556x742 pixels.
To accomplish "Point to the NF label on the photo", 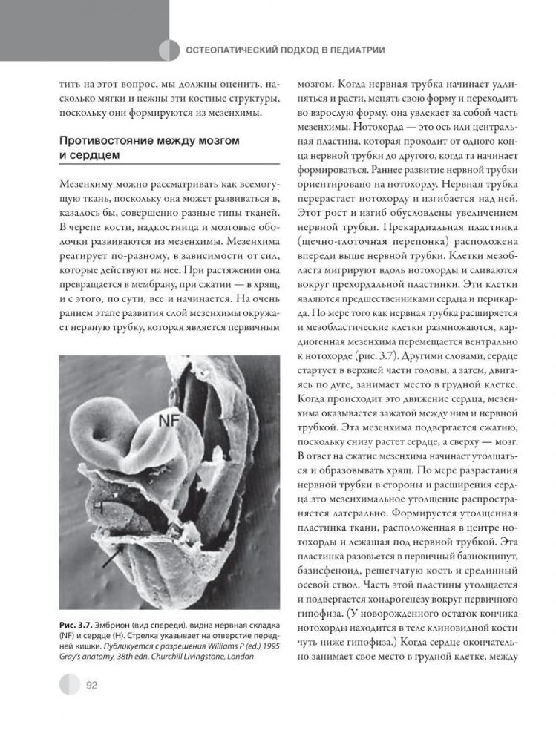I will pos(170,420).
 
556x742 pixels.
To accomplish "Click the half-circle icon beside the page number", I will pos(69,684).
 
